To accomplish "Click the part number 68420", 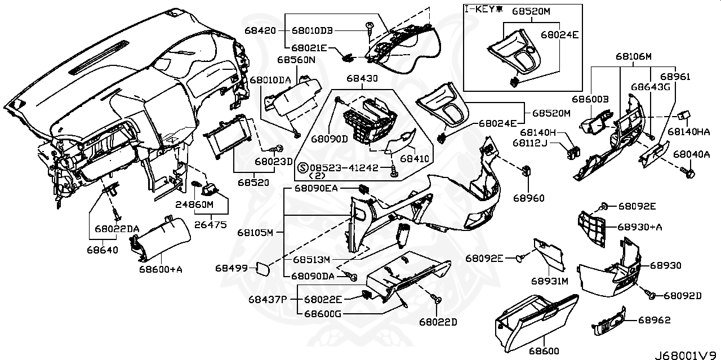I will click(260, 30).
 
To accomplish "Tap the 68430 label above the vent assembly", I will click(362, 79).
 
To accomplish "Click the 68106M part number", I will click(633, 56).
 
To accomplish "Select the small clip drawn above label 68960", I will click(528, 170).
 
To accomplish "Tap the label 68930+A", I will click(640, 226).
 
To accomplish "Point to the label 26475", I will click(211, 225).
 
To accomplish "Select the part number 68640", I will click(103, 250).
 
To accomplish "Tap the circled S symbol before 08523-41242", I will click(302, 168).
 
